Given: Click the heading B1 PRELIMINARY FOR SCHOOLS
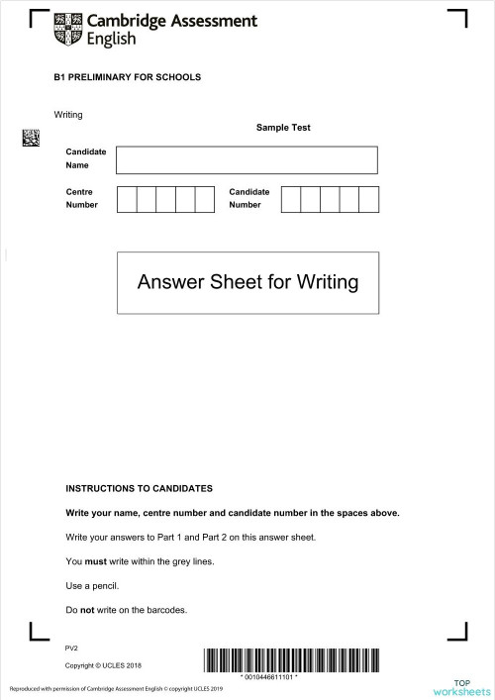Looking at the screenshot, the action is pos(128,77).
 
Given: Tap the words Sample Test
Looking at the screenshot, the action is pos(283,128).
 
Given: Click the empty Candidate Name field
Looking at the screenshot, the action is pos(247,159).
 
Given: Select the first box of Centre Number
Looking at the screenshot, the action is pos(127,198).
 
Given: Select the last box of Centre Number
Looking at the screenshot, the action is pos(205,198).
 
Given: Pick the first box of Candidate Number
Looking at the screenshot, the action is pos(291,198).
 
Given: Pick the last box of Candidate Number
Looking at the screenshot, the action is pos(369,198).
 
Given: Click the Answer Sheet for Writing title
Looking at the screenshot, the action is pos(247,282).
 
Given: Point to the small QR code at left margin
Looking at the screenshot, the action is pos(31,139).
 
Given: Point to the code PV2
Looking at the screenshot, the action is pos(71,647).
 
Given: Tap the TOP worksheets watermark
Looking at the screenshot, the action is pos(461,688).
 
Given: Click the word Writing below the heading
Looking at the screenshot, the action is pos(69,115).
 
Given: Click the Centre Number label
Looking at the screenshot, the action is pos(82,198).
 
